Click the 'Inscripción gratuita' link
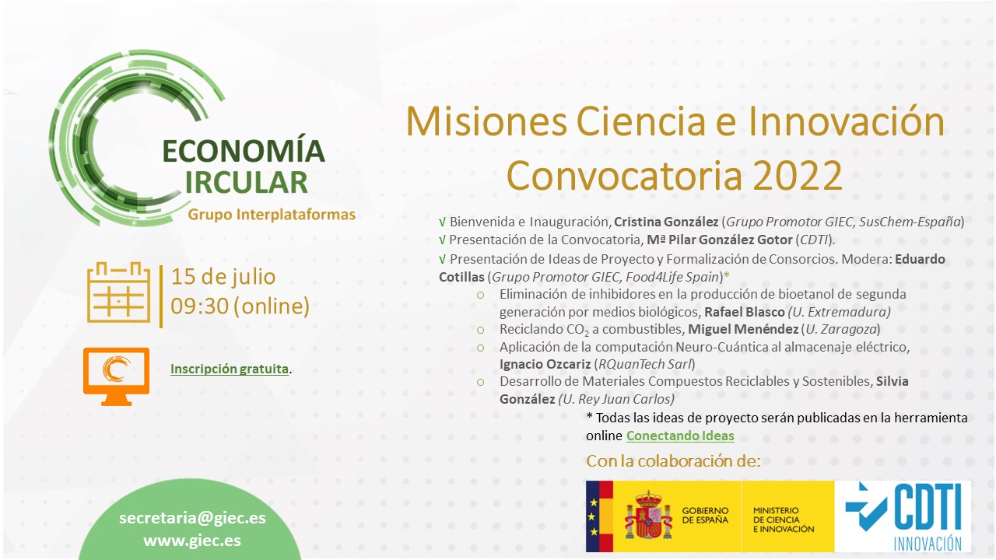click(x=230, y=369)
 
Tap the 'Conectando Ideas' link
click(x=680, y=436)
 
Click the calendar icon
click(x=118, y=292)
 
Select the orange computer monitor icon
click(x=117, y=376)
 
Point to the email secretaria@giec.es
click(x=192, y=518)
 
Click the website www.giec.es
click(x=192, y=541)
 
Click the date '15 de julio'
click(x=223, y=277)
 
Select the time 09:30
click(x=200, y=306)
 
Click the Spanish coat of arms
click(x=649, y=516)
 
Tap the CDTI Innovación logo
click(x=903, y=516)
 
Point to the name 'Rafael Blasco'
click(x=745, y=312)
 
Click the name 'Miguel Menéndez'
click(x=743, y=329)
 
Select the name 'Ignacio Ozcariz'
click(x=545, y=364)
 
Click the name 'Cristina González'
click(x=666, y=222)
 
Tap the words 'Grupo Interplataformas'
click(x=272, y=215)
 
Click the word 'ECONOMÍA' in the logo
click(x=244, y=151)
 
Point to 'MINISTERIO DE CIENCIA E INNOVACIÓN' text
click(x=784, y=520)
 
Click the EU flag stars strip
click(x=593, y=516)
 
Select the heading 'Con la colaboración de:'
click(x=673, y=461)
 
